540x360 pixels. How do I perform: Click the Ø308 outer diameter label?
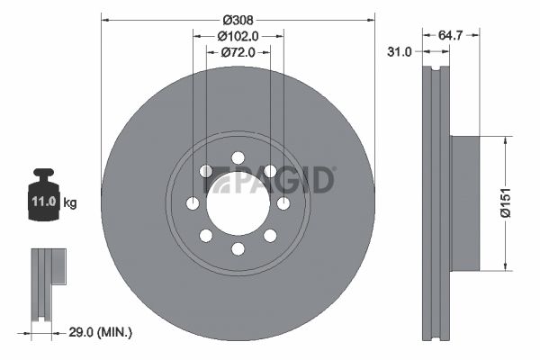pyautogui.click(x=238, y=21)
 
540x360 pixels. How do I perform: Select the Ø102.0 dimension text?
pyautogui.click(x=238, y=36)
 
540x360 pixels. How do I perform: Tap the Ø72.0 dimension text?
pyautogui.click(x=238, y=52)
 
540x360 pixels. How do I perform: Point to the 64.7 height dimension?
pyautogui.click(x=450, y=35)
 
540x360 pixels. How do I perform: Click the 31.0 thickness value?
pyautogui.click(x=400, y=52)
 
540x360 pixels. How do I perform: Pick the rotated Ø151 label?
pyautogui.click(x=506, y=202)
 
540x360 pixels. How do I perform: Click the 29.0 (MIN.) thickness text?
pyautogui.click(x=101, y=332)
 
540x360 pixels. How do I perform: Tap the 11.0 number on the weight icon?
pyautogui.click(x=44, y=202)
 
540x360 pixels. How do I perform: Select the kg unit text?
pyautogui.click(x=70, y=202)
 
